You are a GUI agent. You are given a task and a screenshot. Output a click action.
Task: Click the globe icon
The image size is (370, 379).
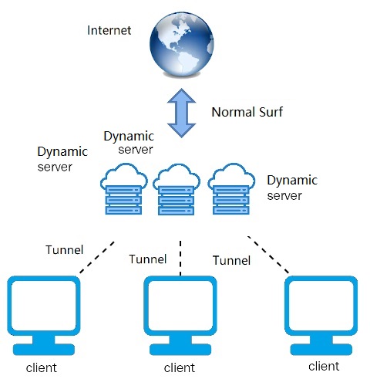point(182,44)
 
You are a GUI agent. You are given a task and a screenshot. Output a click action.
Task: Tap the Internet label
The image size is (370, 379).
point(109,30)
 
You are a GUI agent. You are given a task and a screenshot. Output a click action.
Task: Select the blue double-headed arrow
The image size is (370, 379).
point(181,113)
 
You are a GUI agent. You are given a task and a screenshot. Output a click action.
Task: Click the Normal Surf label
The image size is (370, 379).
point(247,112)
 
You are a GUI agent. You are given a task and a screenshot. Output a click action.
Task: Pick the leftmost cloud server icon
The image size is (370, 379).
point(124,188)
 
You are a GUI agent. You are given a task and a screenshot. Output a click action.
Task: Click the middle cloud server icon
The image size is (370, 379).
point(177,188)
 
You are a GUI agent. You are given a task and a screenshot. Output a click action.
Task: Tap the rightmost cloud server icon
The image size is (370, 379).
point(231,188)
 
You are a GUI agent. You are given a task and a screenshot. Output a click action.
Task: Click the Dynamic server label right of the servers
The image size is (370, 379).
point(292,188)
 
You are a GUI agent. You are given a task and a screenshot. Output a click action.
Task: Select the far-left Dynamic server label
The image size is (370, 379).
point(62,159)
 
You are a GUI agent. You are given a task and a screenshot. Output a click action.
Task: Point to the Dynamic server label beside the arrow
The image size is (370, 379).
point(129,143)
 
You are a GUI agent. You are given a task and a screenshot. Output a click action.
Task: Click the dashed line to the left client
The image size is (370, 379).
point(96,257)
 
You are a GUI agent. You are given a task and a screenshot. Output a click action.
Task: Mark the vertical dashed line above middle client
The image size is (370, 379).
point(180,258)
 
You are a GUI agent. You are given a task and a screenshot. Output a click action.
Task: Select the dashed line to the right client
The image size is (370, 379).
point(268,255)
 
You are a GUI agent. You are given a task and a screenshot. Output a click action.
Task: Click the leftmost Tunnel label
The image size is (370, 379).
point(65,249)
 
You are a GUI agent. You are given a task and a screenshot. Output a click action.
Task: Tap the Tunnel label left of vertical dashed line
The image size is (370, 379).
point(148,259)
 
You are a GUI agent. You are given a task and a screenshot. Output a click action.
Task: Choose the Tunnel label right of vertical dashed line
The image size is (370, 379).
point(231,260)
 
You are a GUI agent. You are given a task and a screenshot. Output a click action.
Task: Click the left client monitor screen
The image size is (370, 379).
point(44,306)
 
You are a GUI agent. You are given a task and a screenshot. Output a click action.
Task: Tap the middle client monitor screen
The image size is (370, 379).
point(180,306)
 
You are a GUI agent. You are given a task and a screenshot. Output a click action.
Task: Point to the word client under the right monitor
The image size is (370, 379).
point(324,366)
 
